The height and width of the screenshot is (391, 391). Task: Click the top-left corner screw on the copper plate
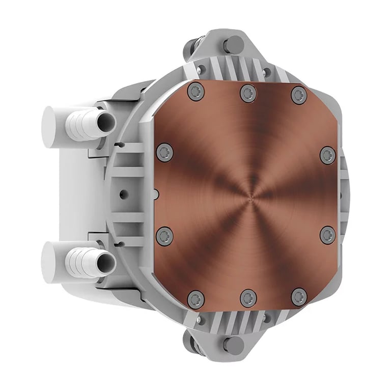coord(195,92)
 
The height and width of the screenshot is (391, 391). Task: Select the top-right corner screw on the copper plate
coord(299,94)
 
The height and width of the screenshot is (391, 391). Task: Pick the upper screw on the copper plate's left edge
coord(164,152)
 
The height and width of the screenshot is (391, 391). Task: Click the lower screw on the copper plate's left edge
coord(164,236)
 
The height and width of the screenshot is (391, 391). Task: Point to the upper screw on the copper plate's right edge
coord(328,154)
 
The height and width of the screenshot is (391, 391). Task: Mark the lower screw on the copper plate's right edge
coord(328,235)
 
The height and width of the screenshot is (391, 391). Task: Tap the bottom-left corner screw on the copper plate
coord(195,299)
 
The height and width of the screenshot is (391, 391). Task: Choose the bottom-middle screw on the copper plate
coord(248,298)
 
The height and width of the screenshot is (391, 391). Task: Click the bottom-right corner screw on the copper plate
coord(299,297)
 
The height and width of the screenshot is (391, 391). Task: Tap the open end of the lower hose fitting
coord(106,262)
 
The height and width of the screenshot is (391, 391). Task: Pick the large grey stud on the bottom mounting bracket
coord(234,345)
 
